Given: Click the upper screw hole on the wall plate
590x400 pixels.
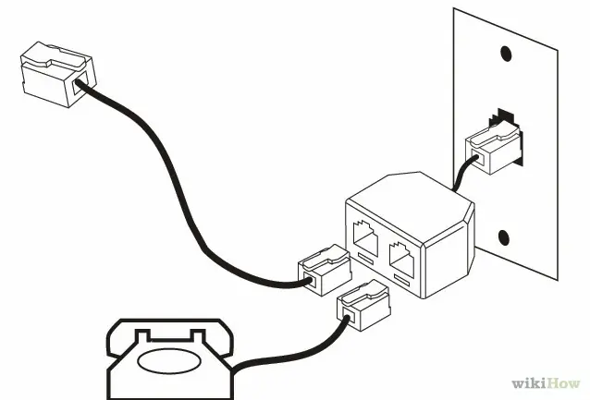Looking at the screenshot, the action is [505, 54].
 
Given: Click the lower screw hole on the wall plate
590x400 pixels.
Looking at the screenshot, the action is [504, 237].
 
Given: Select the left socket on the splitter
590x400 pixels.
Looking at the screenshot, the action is [365, 237].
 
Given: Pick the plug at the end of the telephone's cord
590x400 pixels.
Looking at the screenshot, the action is [363, 306].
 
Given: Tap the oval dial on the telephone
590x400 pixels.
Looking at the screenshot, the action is [169, 361].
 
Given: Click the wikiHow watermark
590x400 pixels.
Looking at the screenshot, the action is [546, 383].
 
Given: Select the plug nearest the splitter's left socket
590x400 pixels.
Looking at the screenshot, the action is [325, 270].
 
